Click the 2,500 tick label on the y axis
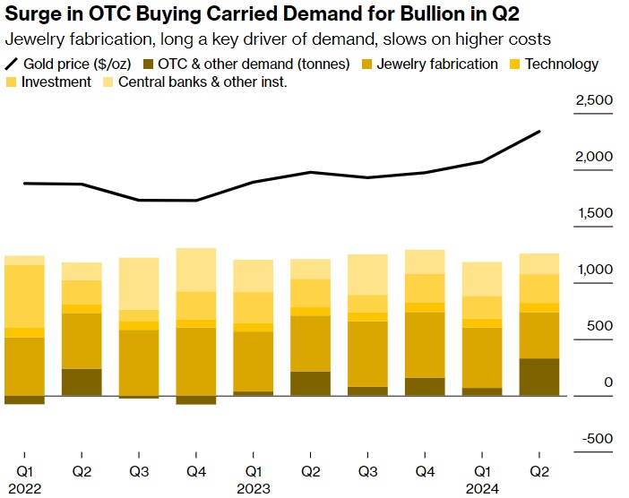[x=594, y=100]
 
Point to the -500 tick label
[x=597, y=439]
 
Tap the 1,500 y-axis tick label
[x=594, y=213]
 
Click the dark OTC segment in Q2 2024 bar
[x=539, y=377]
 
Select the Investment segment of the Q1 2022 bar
[x=24, y=296]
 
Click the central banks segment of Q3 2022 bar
[x=139, y=283]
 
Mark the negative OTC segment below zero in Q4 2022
[x=196, y=399]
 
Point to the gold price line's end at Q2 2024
[x=539, y=132]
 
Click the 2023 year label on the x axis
[x=254, y=489]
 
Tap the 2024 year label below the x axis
[x=483, y=489]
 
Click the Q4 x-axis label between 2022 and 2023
[x=196, y=471]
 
